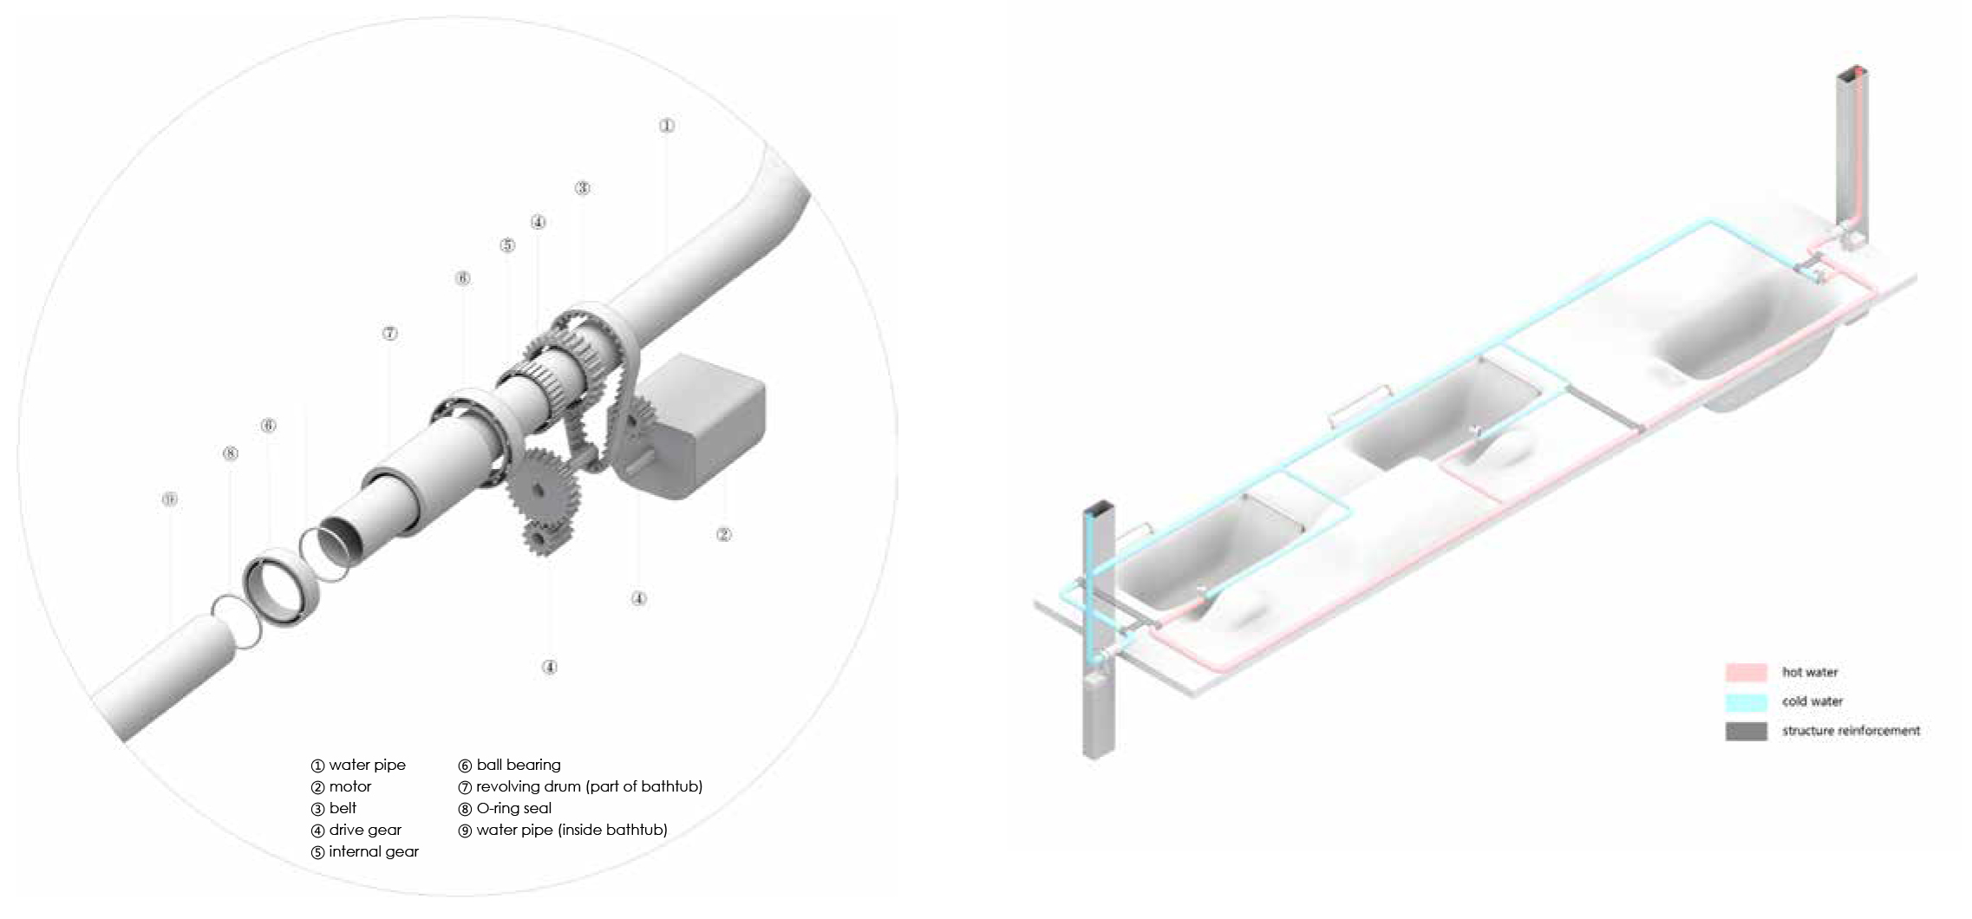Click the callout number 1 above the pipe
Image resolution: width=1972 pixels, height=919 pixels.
[x=666, y=126]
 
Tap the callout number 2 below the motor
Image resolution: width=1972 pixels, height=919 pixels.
[x=723, y=535]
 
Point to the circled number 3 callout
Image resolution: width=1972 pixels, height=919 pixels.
[x=583, y=188]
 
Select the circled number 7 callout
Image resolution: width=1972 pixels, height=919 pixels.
[x=390, y=334]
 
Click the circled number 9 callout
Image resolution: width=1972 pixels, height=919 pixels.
[x=170, y=499]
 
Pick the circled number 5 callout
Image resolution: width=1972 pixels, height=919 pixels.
[x=507, y=245]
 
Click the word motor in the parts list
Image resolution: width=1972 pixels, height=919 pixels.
[x=349, y=786]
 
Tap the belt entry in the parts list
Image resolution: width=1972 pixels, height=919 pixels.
[x=343, y=808]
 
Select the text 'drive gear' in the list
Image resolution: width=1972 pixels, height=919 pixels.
[x=364, y=830]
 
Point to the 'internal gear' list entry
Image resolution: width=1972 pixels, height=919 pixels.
[x=373, y=851]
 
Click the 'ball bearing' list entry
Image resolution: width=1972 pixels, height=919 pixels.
[x=518, y=765]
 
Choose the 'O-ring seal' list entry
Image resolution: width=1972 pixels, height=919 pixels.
[x=513, y=808]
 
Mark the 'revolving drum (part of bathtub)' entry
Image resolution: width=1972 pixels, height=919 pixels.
[x=589, y=786]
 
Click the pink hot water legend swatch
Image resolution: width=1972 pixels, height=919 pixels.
[x=1746, y=672]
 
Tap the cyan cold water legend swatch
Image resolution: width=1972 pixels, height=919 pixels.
[x=1746, y=701]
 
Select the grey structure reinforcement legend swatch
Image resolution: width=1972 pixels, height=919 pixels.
[x=1746, y=731]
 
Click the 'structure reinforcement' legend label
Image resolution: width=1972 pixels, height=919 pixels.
[x=1851, y=731]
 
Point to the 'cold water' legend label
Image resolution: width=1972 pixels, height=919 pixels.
[x=1812, y=701]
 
